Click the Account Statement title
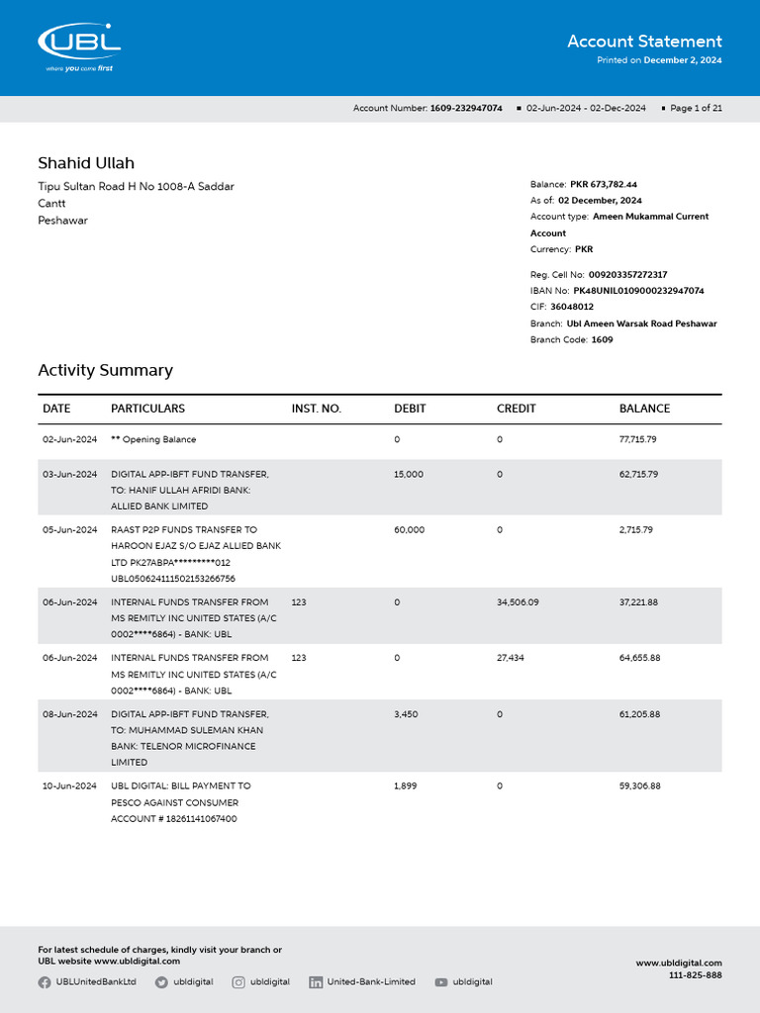(644, 42)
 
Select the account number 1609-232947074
(466, 108)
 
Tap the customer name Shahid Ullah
(86, 163)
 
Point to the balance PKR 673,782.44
(604, 184)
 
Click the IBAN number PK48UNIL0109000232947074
(638, 291)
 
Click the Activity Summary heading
(105, 370)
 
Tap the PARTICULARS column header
(147, 409)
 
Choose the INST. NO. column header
(316, 409)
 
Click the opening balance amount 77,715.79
(638, 439)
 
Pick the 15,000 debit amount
(409, 475)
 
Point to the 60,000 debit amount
(409, 530)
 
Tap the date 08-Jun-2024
(69, 714)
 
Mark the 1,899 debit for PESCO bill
(406, 785)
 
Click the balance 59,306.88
(639, 785)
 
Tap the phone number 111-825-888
(696, 975)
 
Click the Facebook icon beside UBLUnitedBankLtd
(45, 982)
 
